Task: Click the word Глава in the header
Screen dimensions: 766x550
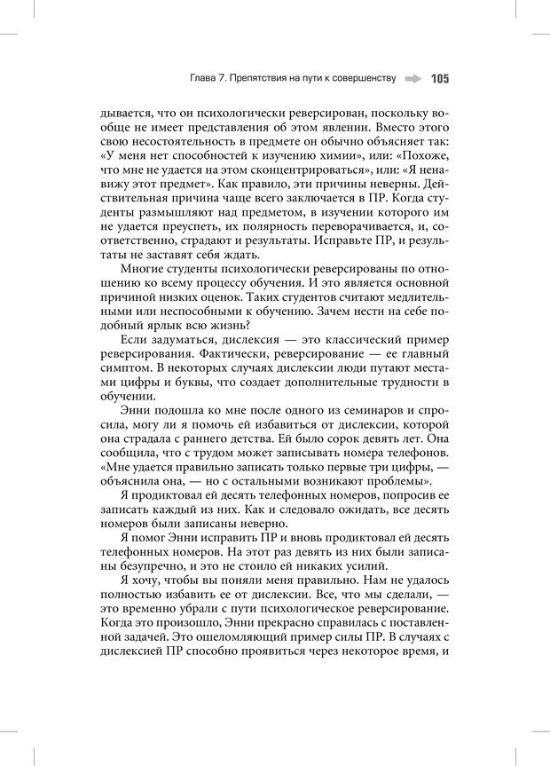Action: (x=205, y=79)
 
